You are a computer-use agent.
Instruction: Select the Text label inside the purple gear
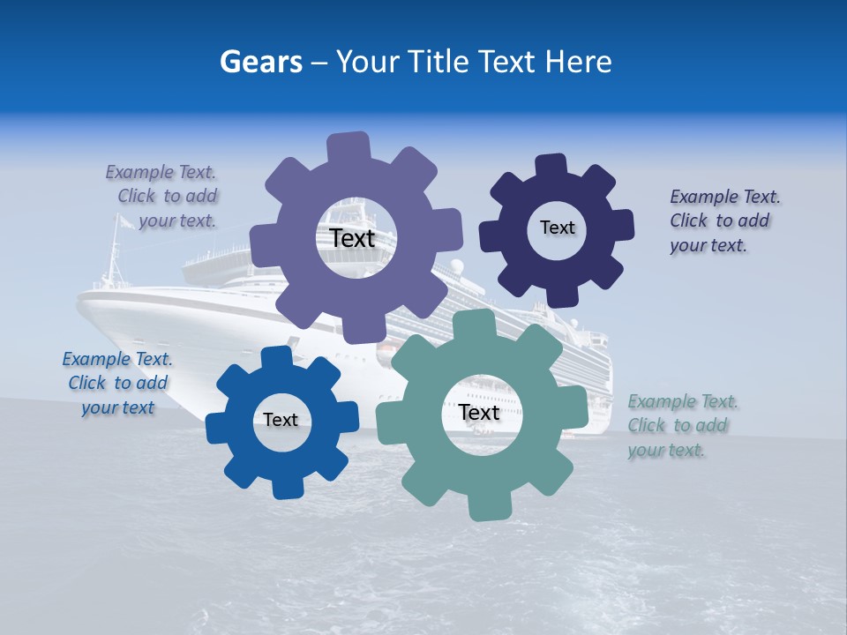coord(352,238)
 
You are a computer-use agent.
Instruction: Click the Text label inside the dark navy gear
coord(557,228)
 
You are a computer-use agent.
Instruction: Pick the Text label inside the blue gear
coord(281,420)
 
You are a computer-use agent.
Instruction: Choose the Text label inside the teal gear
coord(479,412)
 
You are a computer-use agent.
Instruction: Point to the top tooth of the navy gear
coord(551,165)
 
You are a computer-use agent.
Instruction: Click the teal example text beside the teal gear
coord(682,425)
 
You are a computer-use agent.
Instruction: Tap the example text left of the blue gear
coord(117,383)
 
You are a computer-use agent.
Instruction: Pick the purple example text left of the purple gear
coord(163,196)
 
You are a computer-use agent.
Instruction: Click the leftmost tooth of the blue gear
coord(217,428)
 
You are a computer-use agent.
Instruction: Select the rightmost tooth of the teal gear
coord(576,407)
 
